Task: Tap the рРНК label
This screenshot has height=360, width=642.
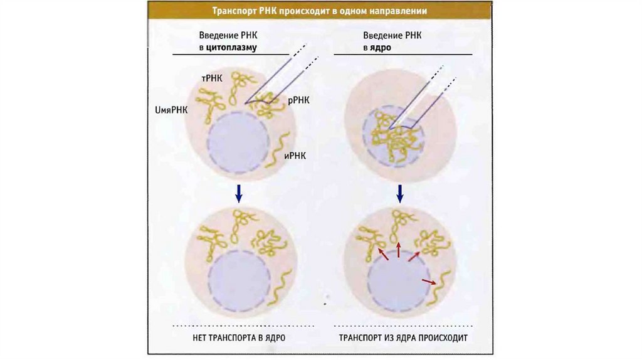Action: (298, 100)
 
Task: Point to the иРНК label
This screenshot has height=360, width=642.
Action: (293, 157)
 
